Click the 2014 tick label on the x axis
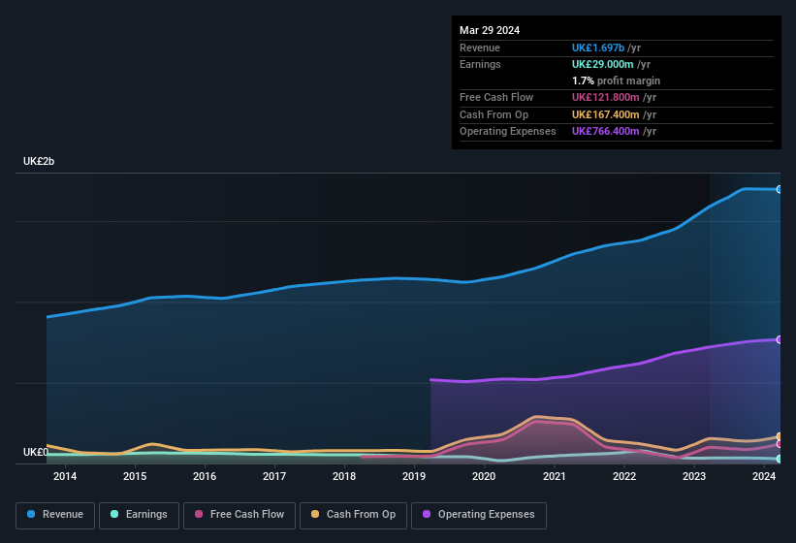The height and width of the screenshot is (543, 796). [65, 476]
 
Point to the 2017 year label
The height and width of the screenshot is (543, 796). [274, 476]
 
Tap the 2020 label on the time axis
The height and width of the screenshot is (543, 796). [484, 476]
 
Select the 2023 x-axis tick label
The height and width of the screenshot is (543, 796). [694, 476]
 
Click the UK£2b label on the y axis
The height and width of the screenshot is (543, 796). [39, 161]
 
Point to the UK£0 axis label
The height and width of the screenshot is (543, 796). [36, 452]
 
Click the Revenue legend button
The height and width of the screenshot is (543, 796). [55, 515]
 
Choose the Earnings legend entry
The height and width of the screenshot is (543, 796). [139, 515]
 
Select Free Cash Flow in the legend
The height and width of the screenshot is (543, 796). [239, 515]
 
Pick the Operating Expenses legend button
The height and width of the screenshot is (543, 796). [479, 515]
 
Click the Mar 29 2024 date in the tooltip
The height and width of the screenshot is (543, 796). [490, 30]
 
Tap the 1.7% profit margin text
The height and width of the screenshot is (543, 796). [616, 80]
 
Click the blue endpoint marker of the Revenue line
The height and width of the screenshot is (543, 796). [779, 189]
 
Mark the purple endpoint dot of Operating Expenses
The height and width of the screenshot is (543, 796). [779, 339]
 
